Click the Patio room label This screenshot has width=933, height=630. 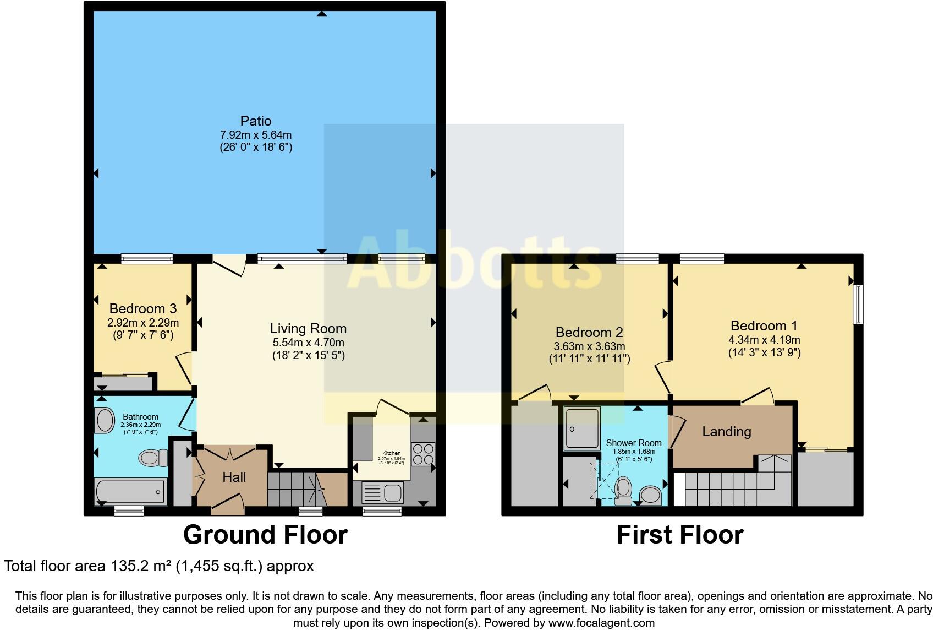pyautogui.click(x=256, y=121)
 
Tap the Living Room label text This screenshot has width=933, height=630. pyautogui.click(x=308, y=329)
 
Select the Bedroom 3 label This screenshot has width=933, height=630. pyautogui.click(x=142, y=308)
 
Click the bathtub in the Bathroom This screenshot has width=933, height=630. pyautogui.click(x=131, y=491)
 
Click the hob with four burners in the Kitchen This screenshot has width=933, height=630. pyautogui.click(x=422, y=454)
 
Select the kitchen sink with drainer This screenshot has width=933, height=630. pyautogui.click(x=382, y=492)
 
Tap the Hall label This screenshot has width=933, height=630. pyautogui.click(x=234, y=477)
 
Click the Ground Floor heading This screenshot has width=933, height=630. pyautogui.click(x=265, y=535)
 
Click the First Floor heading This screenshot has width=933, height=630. pyautogui.click(x=679, y=535)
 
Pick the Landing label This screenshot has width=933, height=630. pyautogui.click(x=726, y=431)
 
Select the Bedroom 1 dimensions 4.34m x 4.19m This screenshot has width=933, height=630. pyautogui.click(x=764, y=340)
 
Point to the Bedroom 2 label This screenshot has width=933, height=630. pyautogui.click(x=589, y=332)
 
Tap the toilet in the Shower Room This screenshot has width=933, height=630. pyautogui.click(x=623, y=490)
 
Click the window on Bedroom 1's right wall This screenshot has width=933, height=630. pyautogui.click(x=858, y=304)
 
